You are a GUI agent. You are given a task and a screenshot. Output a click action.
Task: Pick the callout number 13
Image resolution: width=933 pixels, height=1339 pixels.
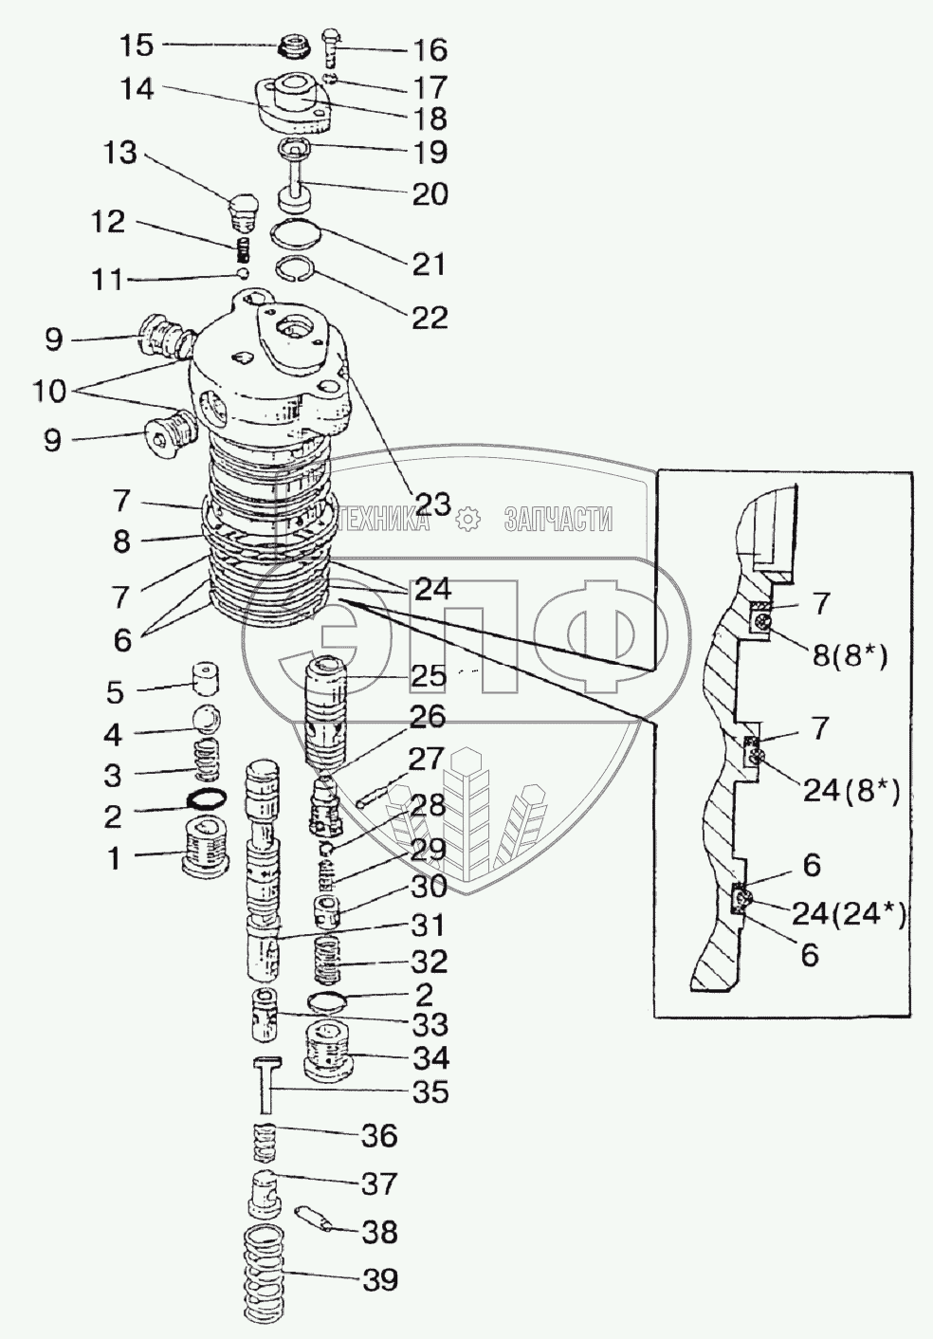120,153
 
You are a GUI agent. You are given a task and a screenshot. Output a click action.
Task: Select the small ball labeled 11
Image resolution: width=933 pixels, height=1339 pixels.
243,273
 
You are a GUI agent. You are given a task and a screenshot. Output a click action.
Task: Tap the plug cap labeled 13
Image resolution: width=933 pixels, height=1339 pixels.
245,210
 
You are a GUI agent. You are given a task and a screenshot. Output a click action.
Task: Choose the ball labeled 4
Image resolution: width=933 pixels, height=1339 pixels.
207,719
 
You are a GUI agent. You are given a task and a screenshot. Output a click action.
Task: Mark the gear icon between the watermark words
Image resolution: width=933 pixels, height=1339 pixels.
466,518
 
